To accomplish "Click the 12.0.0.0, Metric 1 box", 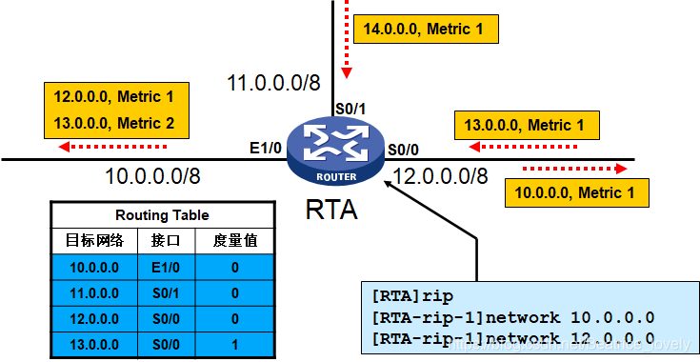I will pos(115,97).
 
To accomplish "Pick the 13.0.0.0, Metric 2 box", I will pos(115,124).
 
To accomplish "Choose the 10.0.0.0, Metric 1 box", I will pos(574,193).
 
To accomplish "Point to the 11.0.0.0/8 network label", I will pos(273,84).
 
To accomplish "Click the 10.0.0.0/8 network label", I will pos(152,175).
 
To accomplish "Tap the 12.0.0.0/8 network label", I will pos(440,175).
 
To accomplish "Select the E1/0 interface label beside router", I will pos(264,149).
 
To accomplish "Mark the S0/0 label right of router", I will pos(401,149).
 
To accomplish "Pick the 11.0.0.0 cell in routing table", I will pos(93,293).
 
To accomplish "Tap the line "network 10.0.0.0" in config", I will pos(515,317).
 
